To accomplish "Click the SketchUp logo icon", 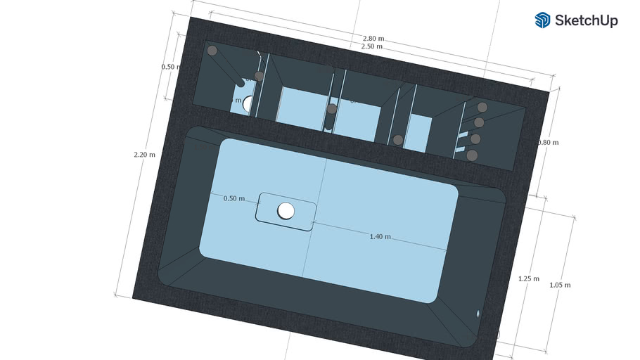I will click(542, 20).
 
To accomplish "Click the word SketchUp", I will click(586, 20).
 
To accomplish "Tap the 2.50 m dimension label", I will click(371, 46).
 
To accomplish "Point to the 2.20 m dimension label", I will click(146, 154).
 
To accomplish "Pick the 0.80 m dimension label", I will click(547, 142).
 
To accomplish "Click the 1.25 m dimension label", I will click(528, 278).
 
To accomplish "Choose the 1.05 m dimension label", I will click(559, 285).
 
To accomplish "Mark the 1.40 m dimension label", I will click(380, 237).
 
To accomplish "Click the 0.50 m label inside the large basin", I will click(234, 198).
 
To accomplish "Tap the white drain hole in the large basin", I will click(286, 210).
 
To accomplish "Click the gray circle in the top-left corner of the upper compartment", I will click(212, 51).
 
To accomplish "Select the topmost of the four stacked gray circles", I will click(482, 108).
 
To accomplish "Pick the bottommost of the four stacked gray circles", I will click(473, 155).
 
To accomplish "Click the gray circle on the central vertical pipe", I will click(332, 109).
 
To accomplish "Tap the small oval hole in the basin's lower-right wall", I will click(478, 313).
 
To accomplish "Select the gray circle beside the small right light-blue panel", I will click(398, 140).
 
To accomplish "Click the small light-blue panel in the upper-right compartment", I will click(420, 131).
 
